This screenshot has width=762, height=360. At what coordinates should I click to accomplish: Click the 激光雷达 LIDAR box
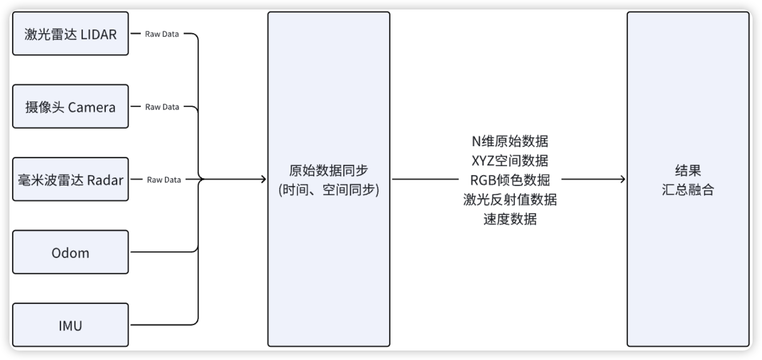[x=70, y=34]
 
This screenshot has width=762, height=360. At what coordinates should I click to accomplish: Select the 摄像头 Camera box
[x=70, y=107]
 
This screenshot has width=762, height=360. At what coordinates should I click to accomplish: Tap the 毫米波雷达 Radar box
[x=70, y=179]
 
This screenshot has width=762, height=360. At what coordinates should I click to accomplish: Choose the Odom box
[x=70, y=252]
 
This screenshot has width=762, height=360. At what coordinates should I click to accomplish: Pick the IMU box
[x=70, y=325]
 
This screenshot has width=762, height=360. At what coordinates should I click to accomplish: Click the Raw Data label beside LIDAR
[x=162, y=34]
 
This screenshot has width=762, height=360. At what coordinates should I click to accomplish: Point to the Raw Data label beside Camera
[x=162, y=107]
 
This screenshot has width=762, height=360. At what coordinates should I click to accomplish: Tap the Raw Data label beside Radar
[x=164, y=180]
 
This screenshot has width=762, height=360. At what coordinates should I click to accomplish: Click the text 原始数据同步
[x=328, y=171]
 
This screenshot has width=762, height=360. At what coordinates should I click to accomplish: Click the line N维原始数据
[x=510, y=141]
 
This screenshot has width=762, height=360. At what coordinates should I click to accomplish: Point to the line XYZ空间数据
[x=510, y=160]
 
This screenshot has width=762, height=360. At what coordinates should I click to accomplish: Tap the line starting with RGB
[x=510, y=180]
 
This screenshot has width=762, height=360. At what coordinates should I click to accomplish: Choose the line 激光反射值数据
[x=510, y=200]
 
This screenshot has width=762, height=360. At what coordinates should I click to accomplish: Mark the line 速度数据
[x=510, y=219]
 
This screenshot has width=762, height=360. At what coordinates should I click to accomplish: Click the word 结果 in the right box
[x=688, y=171]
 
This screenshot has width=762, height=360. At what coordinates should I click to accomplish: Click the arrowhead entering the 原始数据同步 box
[x=263, y=180]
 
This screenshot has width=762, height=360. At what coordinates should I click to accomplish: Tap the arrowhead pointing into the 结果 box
[x=622, y=180]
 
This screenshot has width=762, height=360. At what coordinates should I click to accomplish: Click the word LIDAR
[x=99, y=34]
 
